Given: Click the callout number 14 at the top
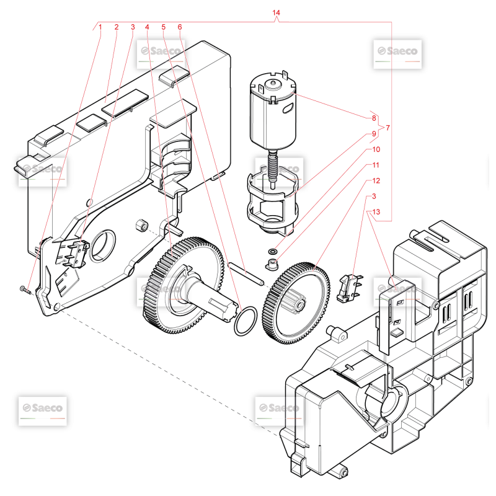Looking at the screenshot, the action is click(276, 12).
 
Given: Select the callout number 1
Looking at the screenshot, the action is click(100, 27).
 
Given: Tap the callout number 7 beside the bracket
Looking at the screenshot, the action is click(388, 128).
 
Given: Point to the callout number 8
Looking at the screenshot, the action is click(374, 118).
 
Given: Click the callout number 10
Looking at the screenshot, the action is click(376, 149).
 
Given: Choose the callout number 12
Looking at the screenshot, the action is click(376, 180).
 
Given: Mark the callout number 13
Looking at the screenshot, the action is click(376, 212).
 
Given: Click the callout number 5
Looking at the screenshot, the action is click(163, 27).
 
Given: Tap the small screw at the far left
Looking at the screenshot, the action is click(25, 290).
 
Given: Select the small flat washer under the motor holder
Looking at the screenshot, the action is click(272, 252).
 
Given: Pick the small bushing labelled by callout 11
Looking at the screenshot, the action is click(272, 265).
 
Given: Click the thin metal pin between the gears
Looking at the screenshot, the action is click(246, 274).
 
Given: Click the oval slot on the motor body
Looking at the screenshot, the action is click(288, 108).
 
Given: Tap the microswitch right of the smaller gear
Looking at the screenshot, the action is click(349, 288).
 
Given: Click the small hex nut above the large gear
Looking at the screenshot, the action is click(142, 225).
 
